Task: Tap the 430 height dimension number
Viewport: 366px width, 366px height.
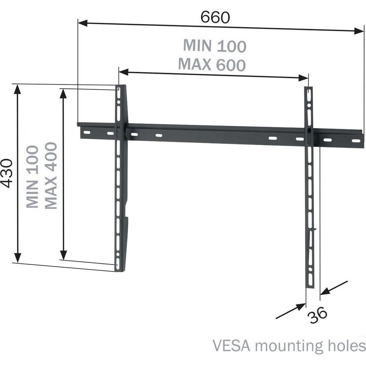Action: (7, 173)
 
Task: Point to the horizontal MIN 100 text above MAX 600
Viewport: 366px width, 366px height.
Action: (215, 46)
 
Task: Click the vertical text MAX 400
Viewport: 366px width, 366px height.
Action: (51, 175)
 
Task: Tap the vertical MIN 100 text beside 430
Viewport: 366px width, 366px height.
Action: (33, 176)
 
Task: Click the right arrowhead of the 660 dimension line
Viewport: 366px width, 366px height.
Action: (359, 32)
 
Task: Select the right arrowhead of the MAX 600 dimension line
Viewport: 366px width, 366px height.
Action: (304, 78)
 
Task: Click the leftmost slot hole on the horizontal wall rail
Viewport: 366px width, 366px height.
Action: (87, 132)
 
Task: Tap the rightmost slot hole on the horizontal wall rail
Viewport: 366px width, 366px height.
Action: (355, 141)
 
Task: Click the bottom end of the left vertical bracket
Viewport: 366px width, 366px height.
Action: (120, 269)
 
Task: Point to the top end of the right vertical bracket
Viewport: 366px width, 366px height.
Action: (309, 89)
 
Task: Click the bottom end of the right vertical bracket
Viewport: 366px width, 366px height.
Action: (310, 285)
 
